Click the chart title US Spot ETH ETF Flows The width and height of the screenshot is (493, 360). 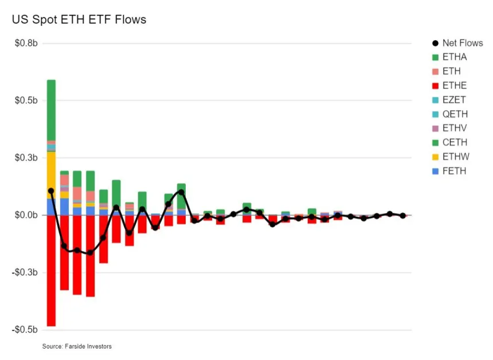point(79,19)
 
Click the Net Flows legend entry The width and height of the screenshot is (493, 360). point(462,43)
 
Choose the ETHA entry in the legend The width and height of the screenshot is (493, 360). point(454,57)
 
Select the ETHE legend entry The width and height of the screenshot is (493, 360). point(454,85)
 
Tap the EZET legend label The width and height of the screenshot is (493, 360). point(454,100)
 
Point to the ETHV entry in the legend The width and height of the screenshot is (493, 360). point(454,128)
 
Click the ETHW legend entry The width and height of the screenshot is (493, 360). point(455,156)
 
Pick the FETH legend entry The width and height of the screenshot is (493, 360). point(454,171)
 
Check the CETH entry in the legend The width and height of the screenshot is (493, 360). point(454,142)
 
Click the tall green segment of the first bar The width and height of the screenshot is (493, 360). point(51,109)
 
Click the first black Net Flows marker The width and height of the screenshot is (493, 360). point(51,191)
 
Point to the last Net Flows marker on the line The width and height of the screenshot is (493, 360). point(403,216)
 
